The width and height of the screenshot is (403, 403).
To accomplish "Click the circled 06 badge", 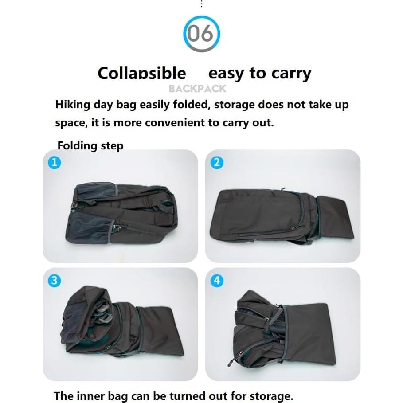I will point(201,34).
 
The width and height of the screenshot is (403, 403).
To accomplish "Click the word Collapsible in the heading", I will point(141,73).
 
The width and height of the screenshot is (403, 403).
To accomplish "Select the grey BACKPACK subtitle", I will point(197,89).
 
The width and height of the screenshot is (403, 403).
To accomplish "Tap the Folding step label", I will point(90,145).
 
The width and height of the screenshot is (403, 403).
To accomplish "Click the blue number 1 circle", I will point(54,163).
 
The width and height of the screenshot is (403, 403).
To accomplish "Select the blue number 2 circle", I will point(216,163).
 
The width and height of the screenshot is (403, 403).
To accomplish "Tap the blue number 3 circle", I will point(54,281).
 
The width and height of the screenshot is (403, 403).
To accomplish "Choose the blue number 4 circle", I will point(216,281).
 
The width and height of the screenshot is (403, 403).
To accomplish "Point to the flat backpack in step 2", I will point(266,215).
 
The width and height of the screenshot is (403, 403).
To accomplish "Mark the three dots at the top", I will point(201,4).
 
